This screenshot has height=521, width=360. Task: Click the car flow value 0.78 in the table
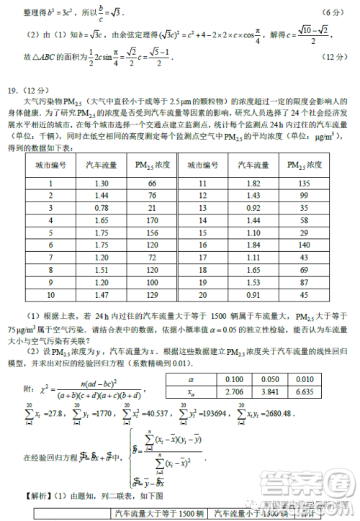(102, 208)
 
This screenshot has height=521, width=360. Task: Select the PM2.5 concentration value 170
(152, 220)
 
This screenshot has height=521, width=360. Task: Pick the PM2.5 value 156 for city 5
(152, 233)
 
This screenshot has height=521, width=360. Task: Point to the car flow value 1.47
(102, 295)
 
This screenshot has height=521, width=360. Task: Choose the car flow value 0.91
(253, 295)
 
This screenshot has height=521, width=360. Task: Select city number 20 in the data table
(202, 295)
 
